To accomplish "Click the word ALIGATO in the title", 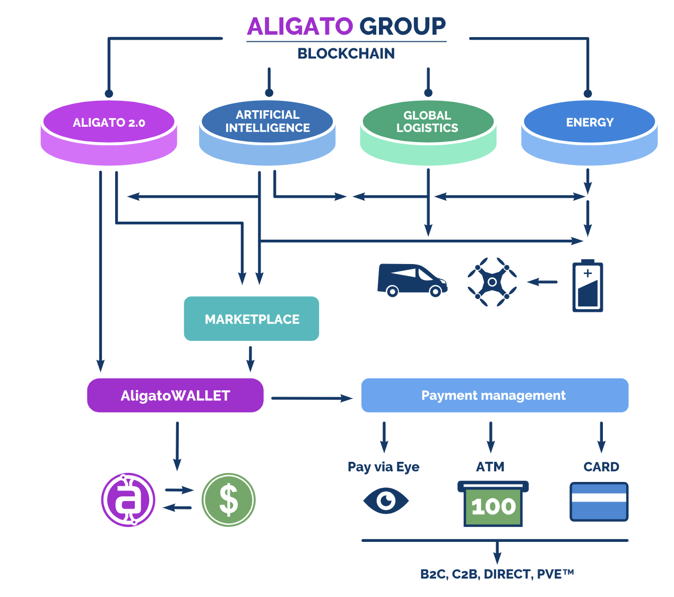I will tap(300, 27).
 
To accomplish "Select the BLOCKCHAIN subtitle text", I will tap(346, 54).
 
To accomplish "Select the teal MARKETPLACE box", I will tap(252, 319).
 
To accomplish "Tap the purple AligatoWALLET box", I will tap(175, 396).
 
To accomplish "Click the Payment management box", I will tap(495, 396).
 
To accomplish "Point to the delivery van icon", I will tap(412, 280).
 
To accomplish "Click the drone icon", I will tap(492, 282).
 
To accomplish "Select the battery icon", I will tap(587, 285).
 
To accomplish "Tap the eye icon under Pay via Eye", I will tap(386, 501).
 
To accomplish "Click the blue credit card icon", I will tap(599, 502).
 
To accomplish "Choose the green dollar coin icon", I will tap(229, 500).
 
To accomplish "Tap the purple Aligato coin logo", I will tap(128, 499).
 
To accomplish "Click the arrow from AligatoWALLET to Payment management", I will tap(312, 398).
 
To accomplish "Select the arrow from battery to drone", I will tap(543, 282).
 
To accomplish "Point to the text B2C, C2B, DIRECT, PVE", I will tap(497, 574).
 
